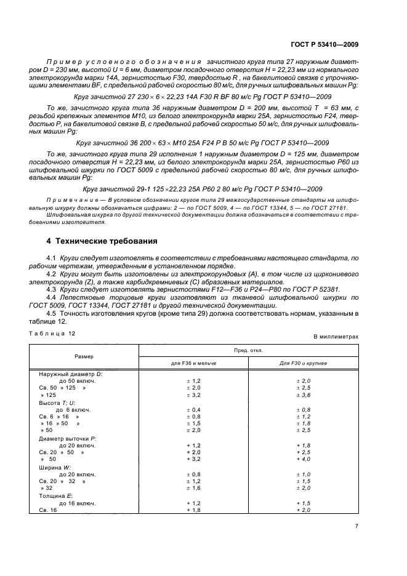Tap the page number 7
point(357,526)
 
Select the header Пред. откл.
point(249,350)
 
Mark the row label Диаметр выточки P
point(68,438)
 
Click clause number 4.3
point(52,289)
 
